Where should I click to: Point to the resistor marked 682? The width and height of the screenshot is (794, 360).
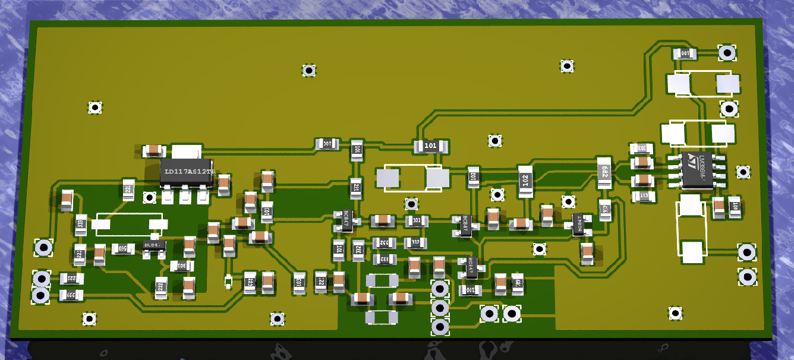(604, 172)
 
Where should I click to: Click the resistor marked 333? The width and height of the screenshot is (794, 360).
(81, 224)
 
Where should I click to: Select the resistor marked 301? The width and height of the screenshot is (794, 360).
(179, 265)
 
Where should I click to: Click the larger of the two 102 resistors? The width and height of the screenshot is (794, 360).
(525, 179)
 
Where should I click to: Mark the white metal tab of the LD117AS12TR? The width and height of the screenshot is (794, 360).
(185, 150)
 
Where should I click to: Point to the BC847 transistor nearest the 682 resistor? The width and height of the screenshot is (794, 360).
(578, 224)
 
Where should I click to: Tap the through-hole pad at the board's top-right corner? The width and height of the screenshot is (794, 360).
(726, 53)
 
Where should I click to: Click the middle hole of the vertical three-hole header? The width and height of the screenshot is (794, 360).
(439, 308)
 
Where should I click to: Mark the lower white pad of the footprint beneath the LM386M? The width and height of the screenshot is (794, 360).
(692, 252)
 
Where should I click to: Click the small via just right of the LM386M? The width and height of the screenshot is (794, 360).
(742, 172)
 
